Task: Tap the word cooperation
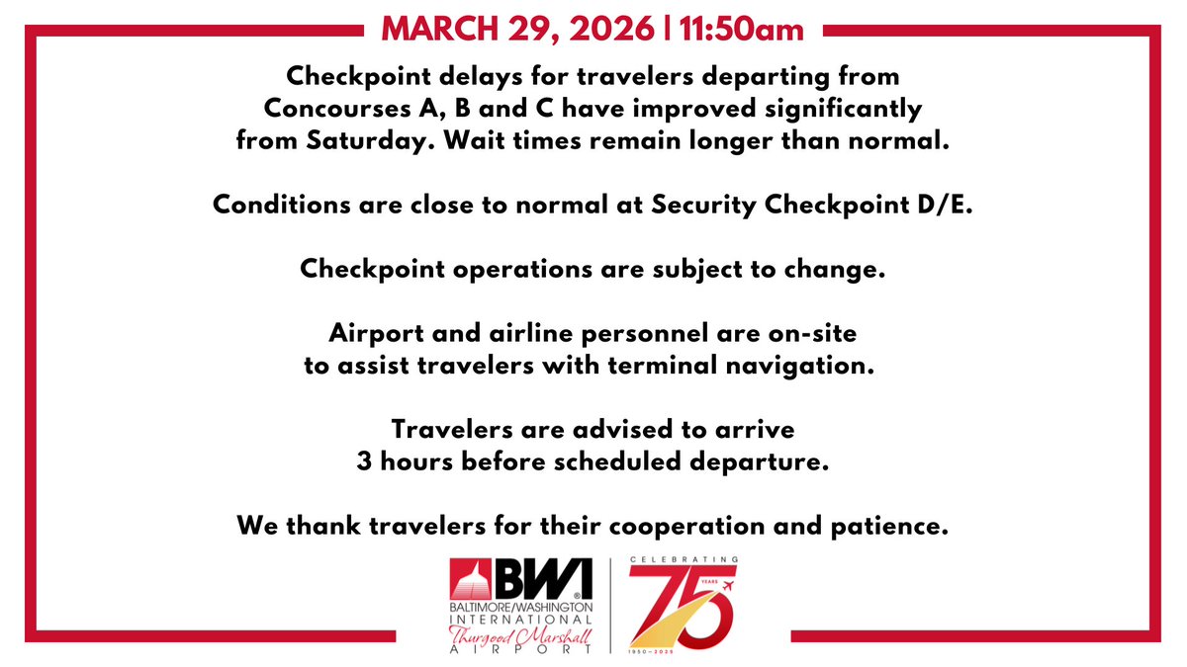[708, 527]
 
